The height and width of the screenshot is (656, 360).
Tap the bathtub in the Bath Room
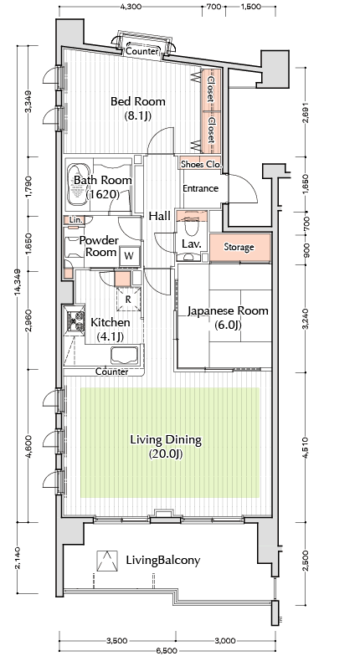click(x=79, y=185)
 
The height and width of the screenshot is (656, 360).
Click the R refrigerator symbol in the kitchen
click(x=128, y=300)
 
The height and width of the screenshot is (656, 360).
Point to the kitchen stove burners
click(x=75, y=320)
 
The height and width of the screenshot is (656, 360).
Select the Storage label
click(x=239, y=248)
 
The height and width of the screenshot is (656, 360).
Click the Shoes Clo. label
click(x=201, y=164)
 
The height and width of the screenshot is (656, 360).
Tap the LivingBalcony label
click(x=162, y=561)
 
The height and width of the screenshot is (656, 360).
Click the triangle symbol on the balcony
click(x=105, y=561)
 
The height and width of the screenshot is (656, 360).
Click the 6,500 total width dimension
click(x=167, y=651)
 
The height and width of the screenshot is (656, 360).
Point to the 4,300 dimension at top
click(x=131, y=7)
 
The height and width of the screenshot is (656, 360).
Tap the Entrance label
click(x=201, y=189)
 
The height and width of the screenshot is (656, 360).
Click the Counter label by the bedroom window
click(x=142, y=52)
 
